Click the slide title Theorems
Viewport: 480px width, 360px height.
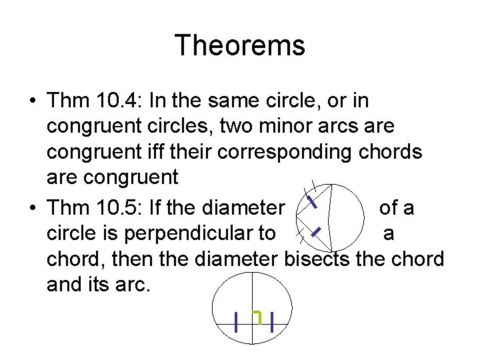pos(240,46)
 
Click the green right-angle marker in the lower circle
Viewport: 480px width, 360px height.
pos(257,316)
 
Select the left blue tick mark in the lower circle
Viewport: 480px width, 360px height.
pos(237,323)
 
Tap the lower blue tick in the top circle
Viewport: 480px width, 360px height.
pos(317,232)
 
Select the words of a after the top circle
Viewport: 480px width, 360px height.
pos(396,208)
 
